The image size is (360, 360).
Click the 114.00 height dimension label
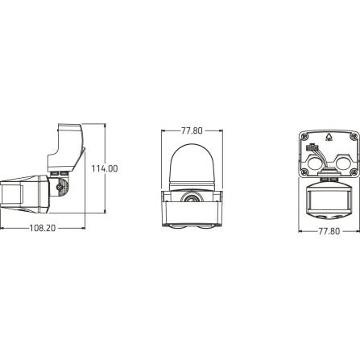click(103, 168)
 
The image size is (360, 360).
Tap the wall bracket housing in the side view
click(70, 145)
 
